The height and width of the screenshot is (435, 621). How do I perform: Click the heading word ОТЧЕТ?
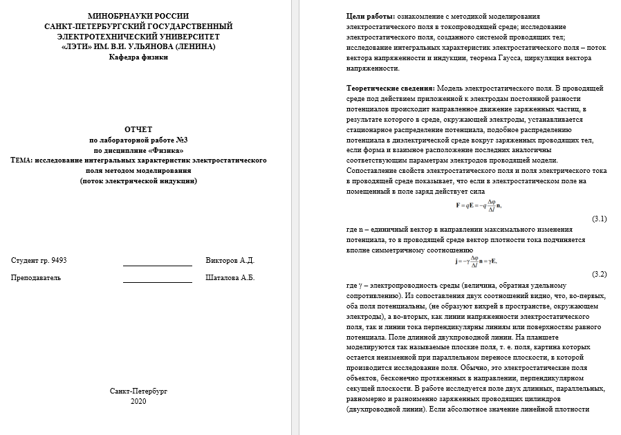click(x=138, y=129)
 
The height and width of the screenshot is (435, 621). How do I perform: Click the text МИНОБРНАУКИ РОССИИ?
click(x=138, y=16)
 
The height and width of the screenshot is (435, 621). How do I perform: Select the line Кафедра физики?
click(x=138, y=57)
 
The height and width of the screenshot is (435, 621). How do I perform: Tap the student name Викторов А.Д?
click(x=230, y=260)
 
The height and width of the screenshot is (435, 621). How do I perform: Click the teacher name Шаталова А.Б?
click(x=230, y=277)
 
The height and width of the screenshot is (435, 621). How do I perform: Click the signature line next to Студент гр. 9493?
click(x=157, y=263)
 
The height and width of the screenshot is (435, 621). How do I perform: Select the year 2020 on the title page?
click(x=138, y=401)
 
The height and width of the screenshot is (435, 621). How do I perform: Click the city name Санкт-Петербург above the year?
click(x=138, y=391)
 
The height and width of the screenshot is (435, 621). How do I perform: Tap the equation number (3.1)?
click(x=599, y=219)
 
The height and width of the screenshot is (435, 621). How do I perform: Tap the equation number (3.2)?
click(x=599, y=274)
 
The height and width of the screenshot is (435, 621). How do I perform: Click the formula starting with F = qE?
click(x=478, y=205)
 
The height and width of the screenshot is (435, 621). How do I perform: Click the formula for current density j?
click(x=476, y=261)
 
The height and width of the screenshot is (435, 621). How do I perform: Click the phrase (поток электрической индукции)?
click(x=138, y=181)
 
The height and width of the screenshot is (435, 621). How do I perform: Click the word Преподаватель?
click(x=36, y=277)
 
